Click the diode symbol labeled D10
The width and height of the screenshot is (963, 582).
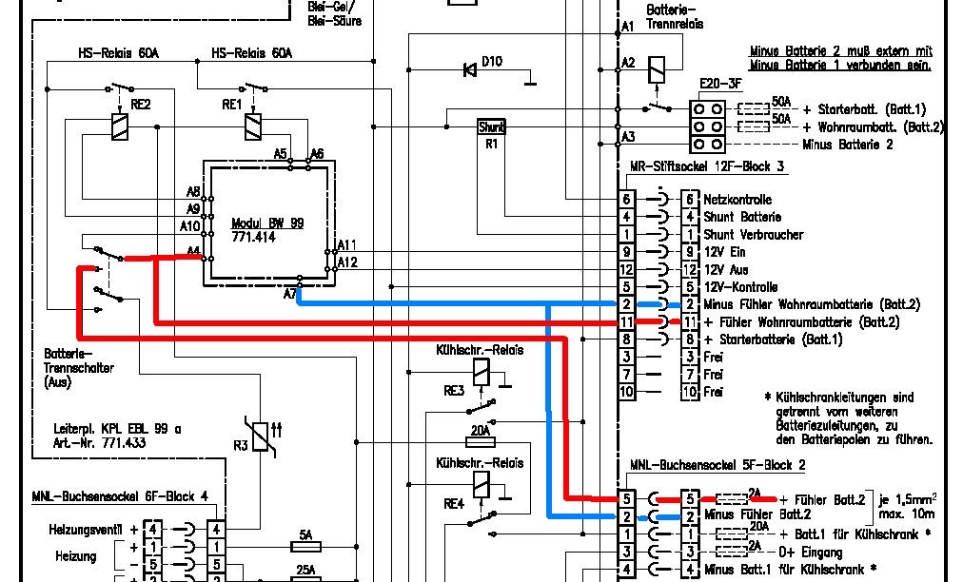[470, 70]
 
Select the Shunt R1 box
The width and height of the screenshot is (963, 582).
[491, 127]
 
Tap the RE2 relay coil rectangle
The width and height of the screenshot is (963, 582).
[119, 127]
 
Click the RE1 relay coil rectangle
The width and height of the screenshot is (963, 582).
[252, 127]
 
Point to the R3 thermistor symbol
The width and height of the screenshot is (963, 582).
[261, 436]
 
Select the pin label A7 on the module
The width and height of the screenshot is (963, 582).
[290, 295]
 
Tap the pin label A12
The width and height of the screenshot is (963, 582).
[347, 262]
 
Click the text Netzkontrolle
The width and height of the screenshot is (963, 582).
[737, 200]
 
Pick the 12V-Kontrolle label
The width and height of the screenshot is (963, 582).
[740, 287]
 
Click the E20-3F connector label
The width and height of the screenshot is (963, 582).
[720, 84]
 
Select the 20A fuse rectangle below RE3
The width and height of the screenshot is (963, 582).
[481, 441]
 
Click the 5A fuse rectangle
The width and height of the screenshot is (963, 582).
[305, 547]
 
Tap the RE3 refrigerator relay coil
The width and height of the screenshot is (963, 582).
[481, 372]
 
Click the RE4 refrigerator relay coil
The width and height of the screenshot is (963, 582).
[481, 485]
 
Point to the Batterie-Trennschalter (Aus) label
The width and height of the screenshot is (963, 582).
[79, 368]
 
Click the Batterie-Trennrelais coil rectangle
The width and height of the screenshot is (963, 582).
[657, 70]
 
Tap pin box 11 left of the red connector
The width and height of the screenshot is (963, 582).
[626, 322]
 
